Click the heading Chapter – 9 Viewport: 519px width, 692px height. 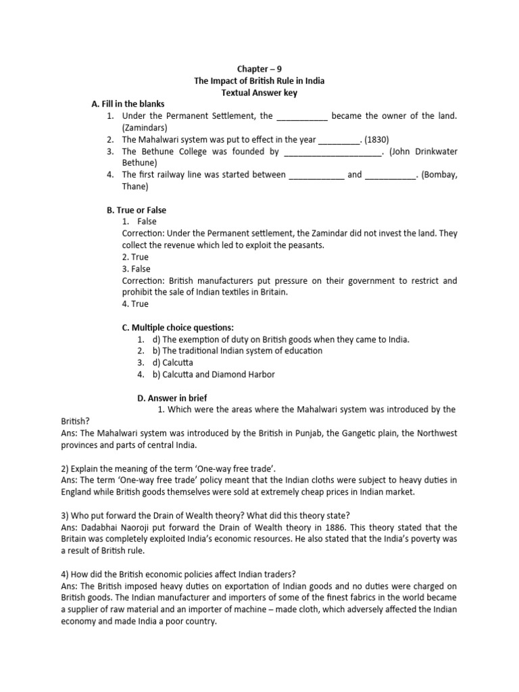[259, 69]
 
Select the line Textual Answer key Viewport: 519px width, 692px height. [259, 93]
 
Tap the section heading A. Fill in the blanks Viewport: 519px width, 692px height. [128, 104]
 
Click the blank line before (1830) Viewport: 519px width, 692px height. [339, 139]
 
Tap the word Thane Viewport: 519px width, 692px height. [134, 187]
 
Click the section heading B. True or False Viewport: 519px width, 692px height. [134, 210]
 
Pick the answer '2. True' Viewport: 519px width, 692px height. [135, 257]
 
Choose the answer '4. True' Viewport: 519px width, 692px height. [135, 304]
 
